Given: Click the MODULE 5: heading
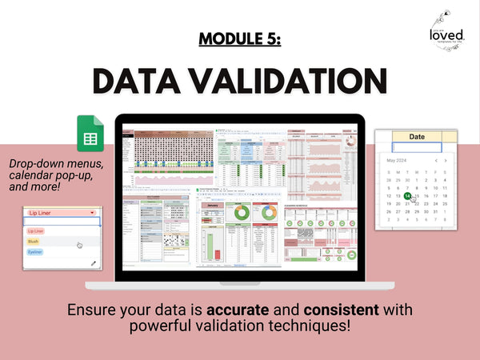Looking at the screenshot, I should click(x=239, y=41).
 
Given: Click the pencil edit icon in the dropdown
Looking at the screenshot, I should click(x=94, y=262).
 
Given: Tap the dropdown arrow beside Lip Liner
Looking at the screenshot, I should click(x=93, y=213).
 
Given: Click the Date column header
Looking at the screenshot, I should click(x=417, y=137).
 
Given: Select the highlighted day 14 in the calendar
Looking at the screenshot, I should click(x=407, y=195).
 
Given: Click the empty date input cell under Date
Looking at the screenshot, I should click(x=417, y=147).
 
